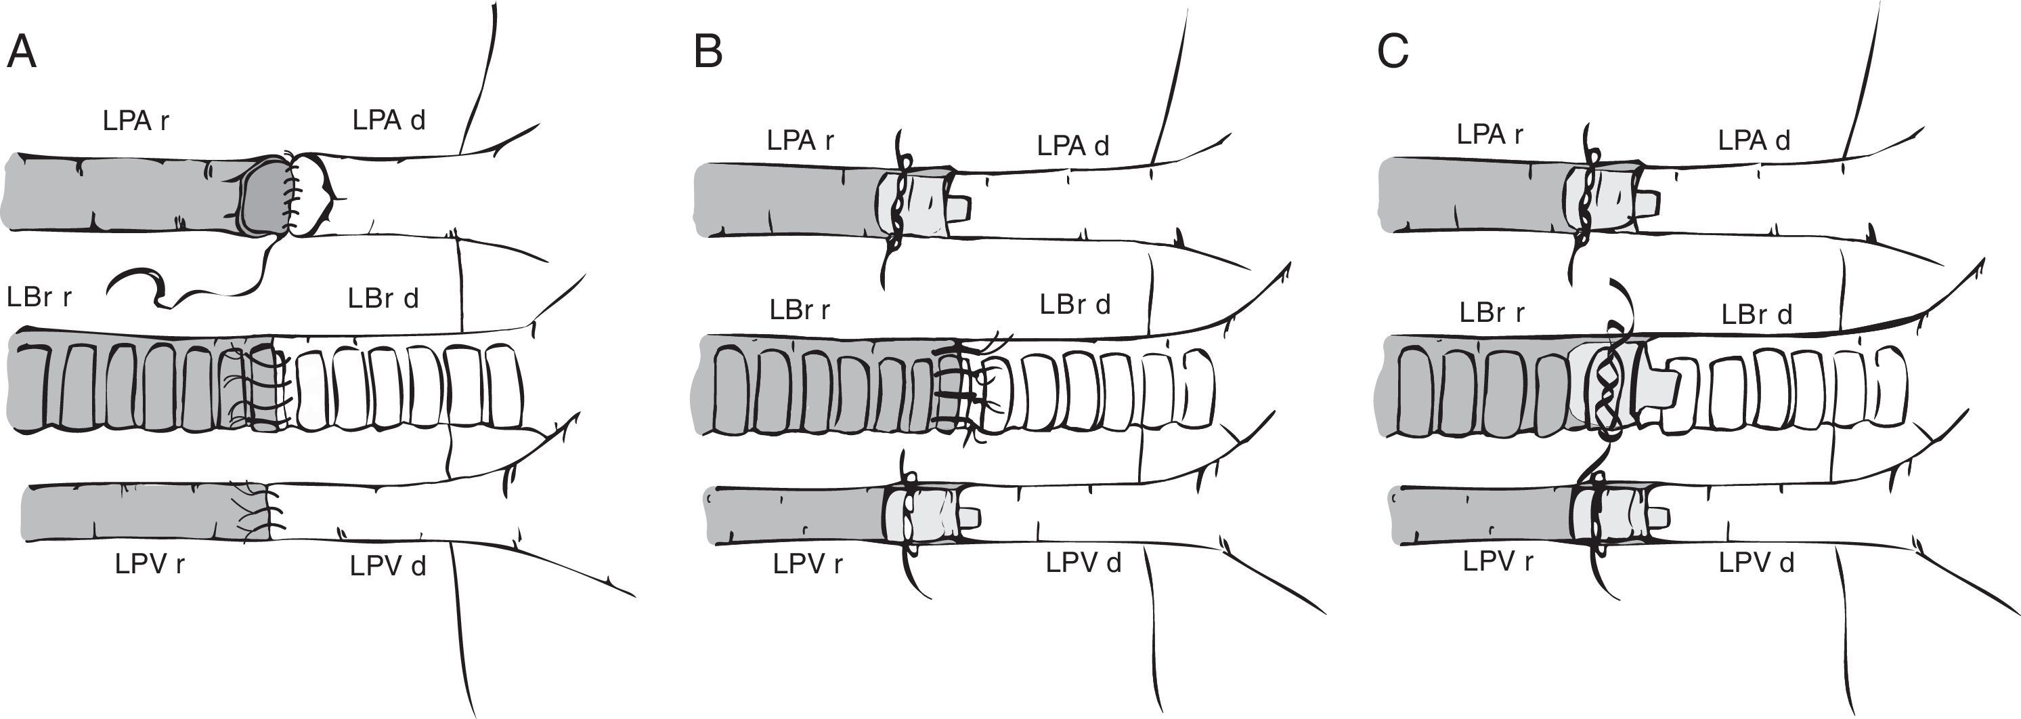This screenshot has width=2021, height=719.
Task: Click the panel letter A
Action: (x=21, y=54)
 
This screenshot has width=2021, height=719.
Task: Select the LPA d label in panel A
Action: (x=389, y=120)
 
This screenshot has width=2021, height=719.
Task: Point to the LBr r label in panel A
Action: (x=39, y=297)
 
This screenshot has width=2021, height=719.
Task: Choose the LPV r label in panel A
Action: (x=150, y=564)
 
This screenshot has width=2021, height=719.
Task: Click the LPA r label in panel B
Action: (x=800, y=140)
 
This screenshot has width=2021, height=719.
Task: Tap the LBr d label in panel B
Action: (x=1075, y=304)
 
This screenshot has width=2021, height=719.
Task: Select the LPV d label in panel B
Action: (x=1083, y=562)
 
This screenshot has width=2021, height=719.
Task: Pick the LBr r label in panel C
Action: (x=1492, y=312)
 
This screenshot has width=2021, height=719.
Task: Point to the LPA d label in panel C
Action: (x=1754, y=140)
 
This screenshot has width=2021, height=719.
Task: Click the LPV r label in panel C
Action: (x=1498, y=562)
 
